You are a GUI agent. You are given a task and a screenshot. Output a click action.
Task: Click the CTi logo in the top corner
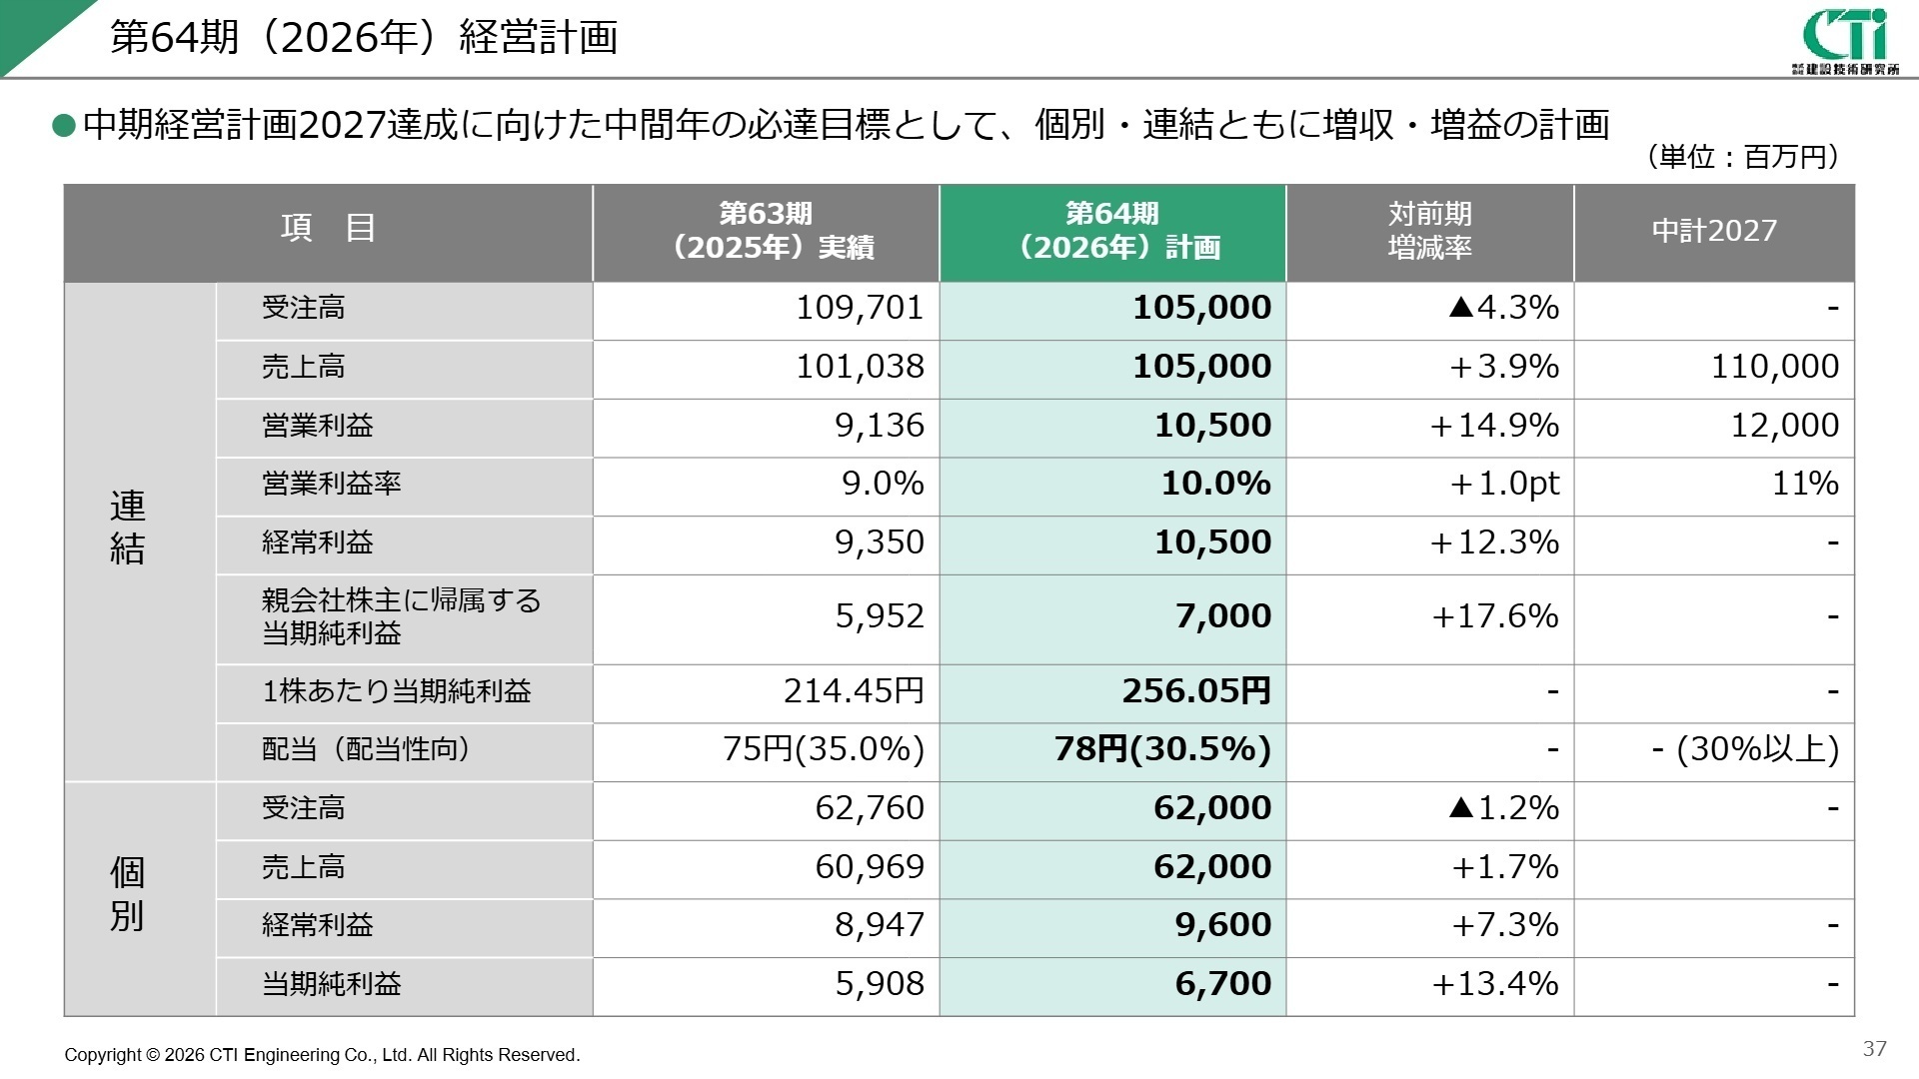1845,40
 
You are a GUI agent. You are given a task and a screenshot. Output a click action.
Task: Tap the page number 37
1874,1048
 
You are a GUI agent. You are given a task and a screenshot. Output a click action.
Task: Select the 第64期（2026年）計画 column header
1112,231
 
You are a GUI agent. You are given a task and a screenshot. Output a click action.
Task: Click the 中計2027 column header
1714,231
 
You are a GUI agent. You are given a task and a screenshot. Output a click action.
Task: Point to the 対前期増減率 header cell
1429,231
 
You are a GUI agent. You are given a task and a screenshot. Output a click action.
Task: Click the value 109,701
860,308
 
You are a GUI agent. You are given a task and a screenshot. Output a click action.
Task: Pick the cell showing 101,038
860,367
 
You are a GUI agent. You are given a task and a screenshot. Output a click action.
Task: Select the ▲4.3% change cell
1503,308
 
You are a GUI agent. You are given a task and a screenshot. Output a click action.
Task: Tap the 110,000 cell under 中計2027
1774,367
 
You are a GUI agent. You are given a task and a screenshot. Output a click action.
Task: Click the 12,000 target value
1784,426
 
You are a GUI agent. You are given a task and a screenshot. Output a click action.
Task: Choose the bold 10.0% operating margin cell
1215,485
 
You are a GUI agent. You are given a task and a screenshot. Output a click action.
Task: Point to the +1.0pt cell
1504,485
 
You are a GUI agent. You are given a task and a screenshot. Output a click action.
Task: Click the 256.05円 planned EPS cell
1196,691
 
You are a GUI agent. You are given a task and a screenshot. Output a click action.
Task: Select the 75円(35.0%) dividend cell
824,749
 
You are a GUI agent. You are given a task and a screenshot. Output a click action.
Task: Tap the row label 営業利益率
331,485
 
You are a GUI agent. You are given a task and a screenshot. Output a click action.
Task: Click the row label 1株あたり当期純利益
396,691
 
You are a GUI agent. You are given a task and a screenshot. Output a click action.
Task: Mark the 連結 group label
127,528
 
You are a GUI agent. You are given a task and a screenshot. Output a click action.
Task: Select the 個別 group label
127,894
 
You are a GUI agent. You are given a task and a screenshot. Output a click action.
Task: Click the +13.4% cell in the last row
1495,984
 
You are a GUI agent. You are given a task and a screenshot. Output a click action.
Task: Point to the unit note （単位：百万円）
1741,157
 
